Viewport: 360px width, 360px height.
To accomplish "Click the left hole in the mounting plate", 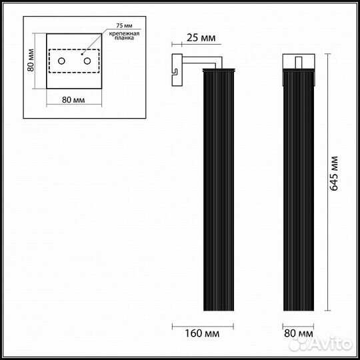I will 61,62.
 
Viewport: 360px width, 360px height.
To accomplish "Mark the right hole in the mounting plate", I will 86,62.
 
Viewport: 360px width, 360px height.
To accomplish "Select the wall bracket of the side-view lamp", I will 177,69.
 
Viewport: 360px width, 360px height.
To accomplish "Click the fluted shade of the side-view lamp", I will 212,187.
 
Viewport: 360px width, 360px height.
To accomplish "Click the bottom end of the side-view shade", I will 212,308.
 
